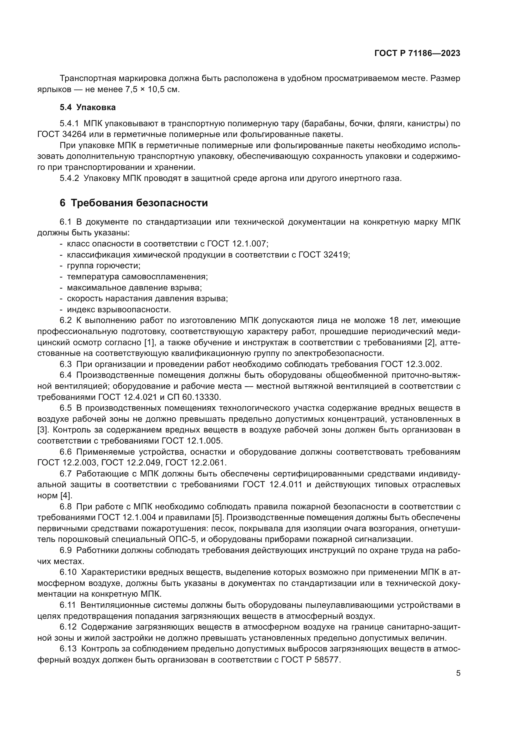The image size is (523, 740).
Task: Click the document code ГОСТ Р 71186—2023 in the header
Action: tap(417, 53)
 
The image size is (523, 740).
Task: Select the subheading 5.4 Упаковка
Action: tap(88, 107)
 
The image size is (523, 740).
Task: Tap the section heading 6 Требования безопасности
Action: tap(134, 203)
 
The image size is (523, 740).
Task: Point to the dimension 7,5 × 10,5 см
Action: tap(151, 89)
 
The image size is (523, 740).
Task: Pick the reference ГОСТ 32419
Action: tap(324, 255)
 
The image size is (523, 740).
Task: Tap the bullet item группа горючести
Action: tap(103, 265)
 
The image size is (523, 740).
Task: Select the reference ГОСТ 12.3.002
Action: tap(411, 364)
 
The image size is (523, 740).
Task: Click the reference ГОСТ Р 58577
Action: tap(311, 660)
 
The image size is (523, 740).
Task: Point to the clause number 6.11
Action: tap(68, 605)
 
